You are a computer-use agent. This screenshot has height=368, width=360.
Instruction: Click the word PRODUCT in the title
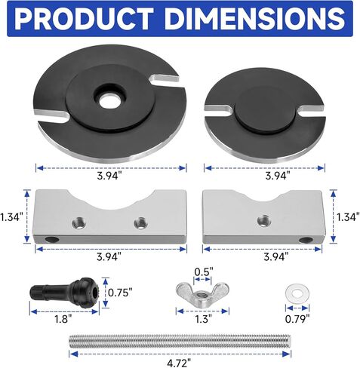pyautogui.click(x=84, y=19)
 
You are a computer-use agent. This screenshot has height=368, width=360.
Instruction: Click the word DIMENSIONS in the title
pyautogui.click(x=255, y=19)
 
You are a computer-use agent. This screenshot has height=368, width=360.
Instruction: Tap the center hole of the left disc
pyautogui.click(x=110, y=101)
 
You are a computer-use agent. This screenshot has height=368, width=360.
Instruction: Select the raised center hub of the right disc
pyautogui.click(x=265, y=109)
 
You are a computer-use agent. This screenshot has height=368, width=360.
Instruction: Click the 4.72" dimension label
pyautogui.click(x=179, y=363)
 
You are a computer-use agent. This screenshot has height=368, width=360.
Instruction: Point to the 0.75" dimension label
pyautogui.click(x=120, y=293)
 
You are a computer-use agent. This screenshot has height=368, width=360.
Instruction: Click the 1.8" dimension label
pyautogui.click(x=63, y=319)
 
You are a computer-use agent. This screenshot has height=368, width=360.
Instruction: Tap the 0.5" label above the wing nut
pyautogui.click(x=204, y=271)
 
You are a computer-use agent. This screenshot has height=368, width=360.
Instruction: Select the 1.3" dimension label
pyautogui.click(x=203, y=319)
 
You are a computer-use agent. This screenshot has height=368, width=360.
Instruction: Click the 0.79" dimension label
pyautogui.click(x=297, y=319)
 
